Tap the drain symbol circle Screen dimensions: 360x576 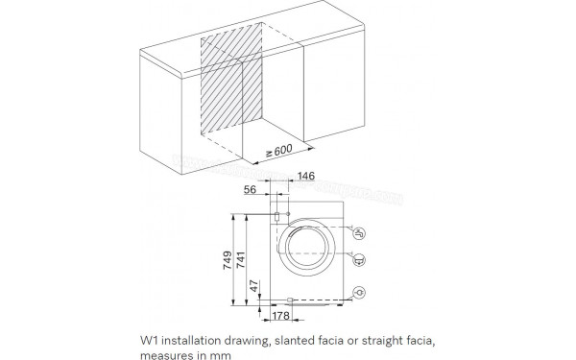click(x=358, y=257)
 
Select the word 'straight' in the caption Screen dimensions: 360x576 click(x=394, y=341)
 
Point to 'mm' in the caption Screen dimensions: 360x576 click(x=222, y=354)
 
